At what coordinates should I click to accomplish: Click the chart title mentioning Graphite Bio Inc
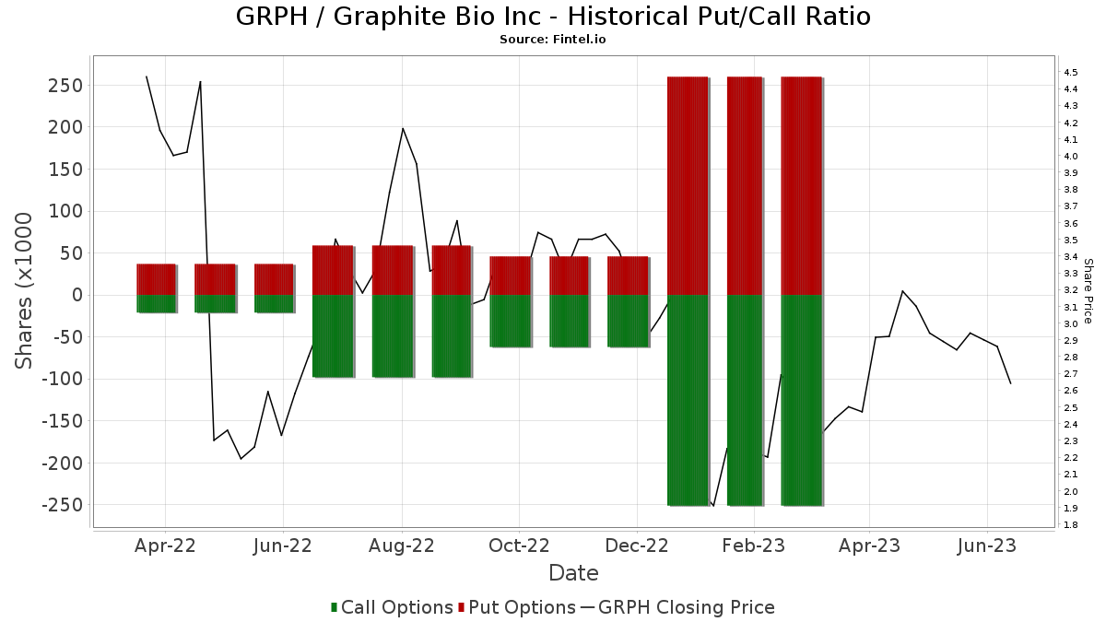coord(553,17)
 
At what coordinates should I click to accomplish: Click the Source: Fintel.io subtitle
coord(553,40)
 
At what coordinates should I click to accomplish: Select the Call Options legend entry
coord(391,607)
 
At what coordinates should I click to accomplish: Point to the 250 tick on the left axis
coord(67,86)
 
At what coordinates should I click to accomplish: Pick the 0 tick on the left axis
coord(78,295)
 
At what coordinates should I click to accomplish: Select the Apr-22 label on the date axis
coord(165,546)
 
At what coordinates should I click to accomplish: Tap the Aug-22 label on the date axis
coord(402,546)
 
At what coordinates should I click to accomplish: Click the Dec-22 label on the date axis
coord(638,546)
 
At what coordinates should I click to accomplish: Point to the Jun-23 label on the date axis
coord(987,546)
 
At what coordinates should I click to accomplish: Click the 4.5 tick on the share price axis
coord(1070,72)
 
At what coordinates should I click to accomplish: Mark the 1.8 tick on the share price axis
coord(1070,525)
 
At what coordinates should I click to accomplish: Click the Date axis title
coord(573,573)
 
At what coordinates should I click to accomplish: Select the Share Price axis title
coord(1088,290)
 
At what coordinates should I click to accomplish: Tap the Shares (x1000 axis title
coord(26,290)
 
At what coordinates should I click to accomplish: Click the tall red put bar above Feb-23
coord(745,184)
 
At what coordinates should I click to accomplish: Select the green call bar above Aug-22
coord(393,336)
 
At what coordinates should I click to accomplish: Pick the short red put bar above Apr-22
coord(156,279)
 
